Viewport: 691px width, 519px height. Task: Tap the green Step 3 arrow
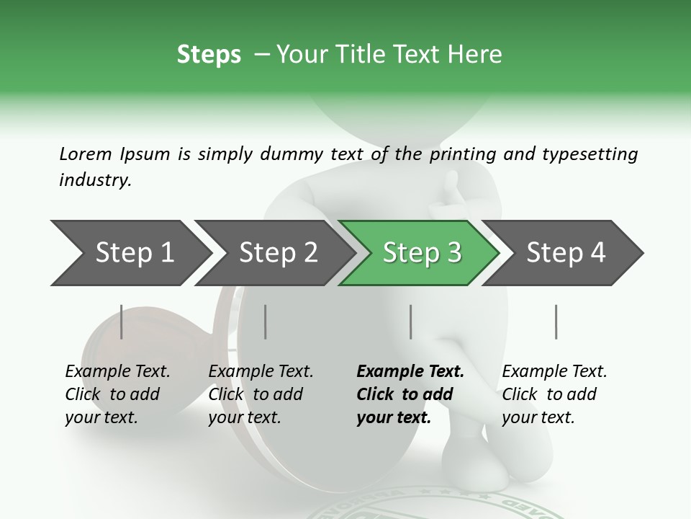click(421, 252)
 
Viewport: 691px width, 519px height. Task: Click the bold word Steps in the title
click(209, 55)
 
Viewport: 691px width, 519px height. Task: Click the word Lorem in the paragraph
click(86, 154)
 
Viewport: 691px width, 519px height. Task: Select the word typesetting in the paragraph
click(594, 154)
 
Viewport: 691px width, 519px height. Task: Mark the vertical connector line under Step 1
click(122, 321)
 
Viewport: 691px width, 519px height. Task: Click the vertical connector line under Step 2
click(266, 321)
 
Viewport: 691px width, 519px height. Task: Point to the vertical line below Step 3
click(411, 321)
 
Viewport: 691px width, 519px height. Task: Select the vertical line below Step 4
click(556, 321)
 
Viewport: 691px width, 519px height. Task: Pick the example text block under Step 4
click(554, 394)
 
